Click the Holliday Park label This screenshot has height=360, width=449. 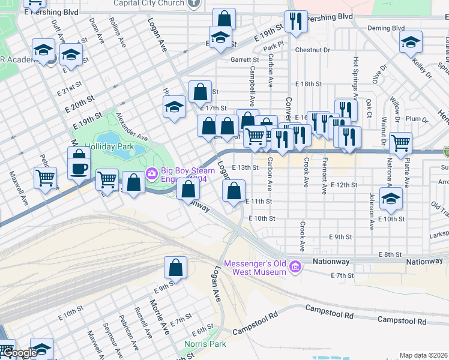pos(109,146)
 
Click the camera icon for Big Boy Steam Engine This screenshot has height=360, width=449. pos(152,173)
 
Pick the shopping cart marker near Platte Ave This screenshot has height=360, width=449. pos(400,143)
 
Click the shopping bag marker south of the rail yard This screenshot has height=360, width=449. pos(176,268)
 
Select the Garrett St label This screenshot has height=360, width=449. pos(245,60)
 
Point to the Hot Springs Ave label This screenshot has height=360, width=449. pos(356,77)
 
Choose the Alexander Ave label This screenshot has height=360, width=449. pos(131,126)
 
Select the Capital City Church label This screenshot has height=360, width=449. pos(154,2)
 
